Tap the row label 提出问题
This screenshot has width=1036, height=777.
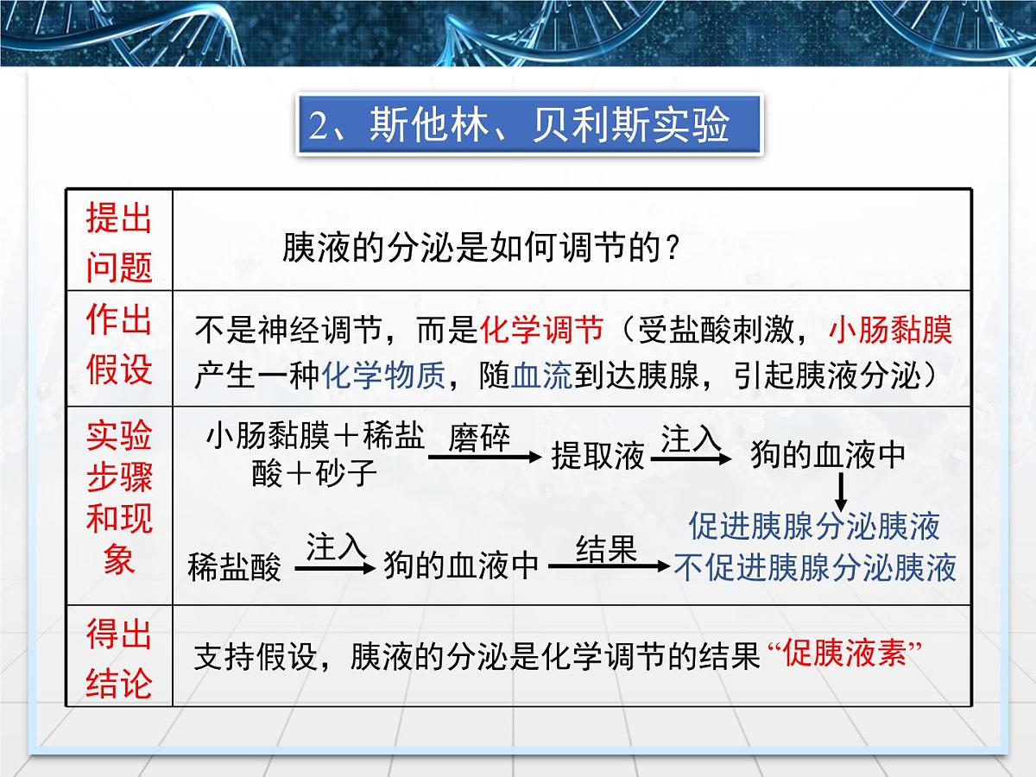pos(119,243)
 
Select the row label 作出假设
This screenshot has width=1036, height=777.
pos(119,345)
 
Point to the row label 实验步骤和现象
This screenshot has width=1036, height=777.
pos(119,499)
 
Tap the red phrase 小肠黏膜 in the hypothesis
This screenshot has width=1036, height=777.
pos(890,330)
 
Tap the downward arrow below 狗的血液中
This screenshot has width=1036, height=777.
pos(840,492)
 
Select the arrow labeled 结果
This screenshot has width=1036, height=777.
pos(608,566)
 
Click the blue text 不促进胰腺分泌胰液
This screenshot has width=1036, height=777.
pos(814,568)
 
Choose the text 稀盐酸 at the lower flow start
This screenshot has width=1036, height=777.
pos(234,568)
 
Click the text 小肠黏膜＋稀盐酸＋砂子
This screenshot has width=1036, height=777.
pos(314,455)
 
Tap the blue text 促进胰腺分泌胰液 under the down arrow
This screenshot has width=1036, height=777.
pos(814,526)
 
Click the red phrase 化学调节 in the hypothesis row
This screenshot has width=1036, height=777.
pos(541,330)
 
